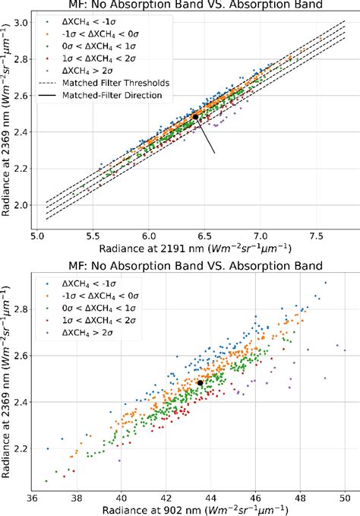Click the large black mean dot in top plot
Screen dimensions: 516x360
point(196,116)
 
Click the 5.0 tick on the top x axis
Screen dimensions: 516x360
point(39,237)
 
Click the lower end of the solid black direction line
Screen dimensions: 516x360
point(215,154)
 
